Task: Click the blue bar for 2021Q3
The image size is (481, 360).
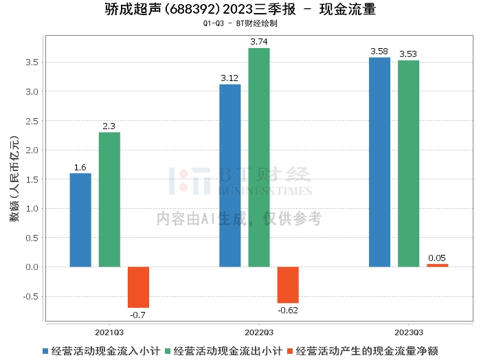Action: click(x=80, y=220)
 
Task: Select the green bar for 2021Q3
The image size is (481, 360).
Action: click(x=109, y=199)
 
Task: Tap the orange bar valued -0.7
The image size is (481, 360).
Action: click(x=138, y=286)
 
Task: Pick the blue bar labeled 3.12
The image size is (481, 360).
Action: click(x=230, y=175)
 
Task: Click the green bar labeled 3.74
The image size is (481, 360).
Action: click(x=259, y=157)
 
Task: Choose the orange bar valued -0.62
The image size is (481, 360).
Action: click(x=288, y=284)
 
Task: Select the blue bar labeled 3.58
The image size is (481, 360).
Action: click(x=379, y=162)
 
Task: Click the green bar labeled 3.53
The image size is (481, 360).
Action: click(x=408, y=164)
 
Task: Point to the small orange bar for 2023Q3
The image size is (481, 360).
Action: click(x=437, y=265)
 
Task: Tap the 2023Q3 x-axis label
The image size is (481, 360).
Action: click(x=408, y=331)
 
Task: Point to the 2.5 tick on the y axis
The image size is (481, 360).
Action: click(x=31, y=121)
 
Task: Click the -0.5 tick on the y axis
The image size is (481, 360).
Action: click(x=30, y=297)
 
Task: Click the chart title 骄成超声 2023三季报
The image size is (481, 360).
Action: click(x=240, y=10)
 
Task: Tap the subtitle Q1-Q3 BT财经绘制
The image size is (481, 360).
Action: click(x=240, y=23)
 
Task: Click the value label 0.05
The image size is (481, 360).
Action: click(x=437, y=258)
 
